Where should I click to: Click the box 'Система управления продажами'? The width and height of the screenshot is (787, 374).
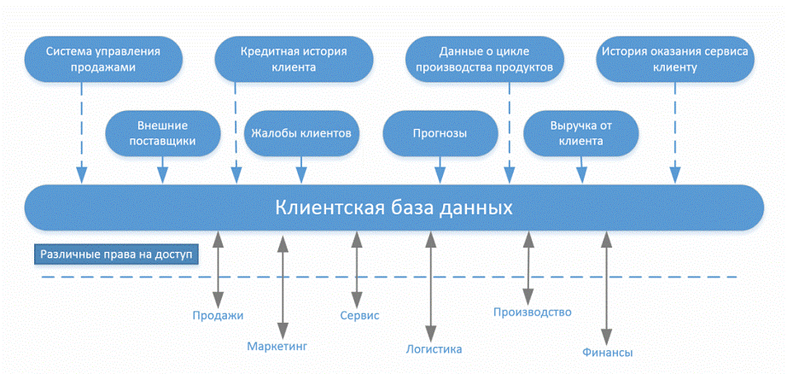(x=102, y=58)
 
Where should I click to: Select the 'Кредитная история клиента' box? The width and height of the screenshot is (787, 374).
(x=294, y=58)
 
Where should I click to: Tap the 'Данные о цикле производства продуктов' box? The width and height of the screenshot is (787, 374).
(x=484, y=58)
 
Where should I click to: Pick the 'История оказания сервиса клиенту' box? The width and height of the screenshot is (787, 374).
(x=674, y=58)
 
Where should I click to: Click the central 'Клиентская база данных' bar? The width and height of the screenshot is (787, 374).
(x=393, y=207)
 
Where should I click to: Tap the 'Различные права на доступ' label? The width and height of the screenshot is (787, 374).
(x=116, y=254)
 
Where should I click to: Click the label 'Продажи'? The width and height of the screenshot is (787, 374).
(x=218, y=315)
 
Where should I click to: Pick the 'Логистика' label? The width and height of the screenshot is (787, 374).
(x=434, y=348)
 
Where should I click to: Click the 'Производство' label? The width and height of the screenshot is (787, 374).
(x=532, y=313)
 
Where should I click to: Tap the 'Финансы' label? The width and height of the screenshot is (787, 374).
(x=607, y=352)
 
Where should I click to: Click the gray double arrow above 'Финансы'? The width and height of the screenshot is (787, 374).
(x=607, y=286)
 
